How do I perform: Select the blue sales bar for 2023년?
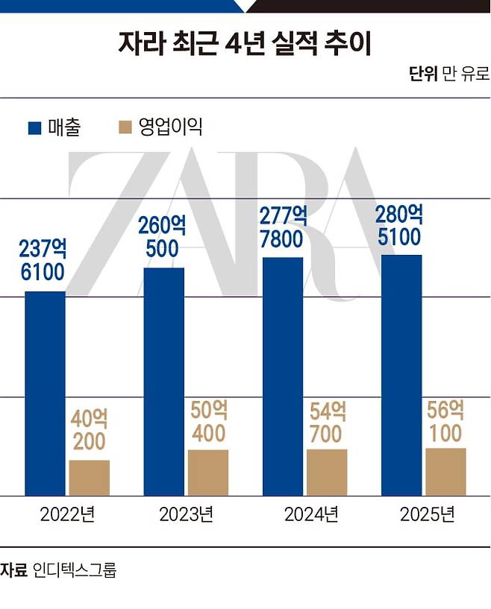coord(163,382)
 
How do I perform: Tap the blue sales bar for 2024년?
coord(283,376)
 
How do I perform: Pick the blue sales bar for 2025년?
coord(401,375)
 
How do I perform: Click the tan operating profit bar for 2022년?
coord(89,478)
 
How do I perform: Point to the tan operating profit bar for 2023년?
coord(207,473)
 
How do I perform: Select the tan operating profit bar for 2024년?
coord(326,472)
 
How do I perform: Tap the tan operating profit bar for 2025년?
coord(445,472)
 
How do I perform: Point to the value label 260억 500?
coord(162,236)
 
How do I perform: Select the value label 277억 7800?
coord(281,227)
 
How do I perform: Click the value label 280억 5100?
coord(400,226)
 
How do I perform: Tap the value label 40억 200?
coord(90,429)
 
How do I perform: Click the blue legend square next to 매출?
coord(34,127)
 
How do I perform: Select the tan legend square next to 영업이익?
coord(125,127)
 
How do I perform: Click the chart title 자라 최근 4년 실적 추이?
coord(245,43)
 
